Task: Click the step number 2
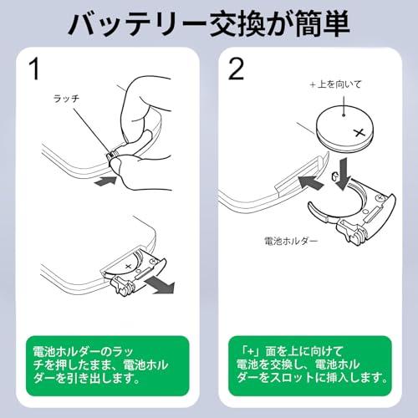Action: pyautogui.click(x=237, y=69)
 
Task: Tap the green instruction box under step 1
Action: pyautogui.click(x=104, y=365)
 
